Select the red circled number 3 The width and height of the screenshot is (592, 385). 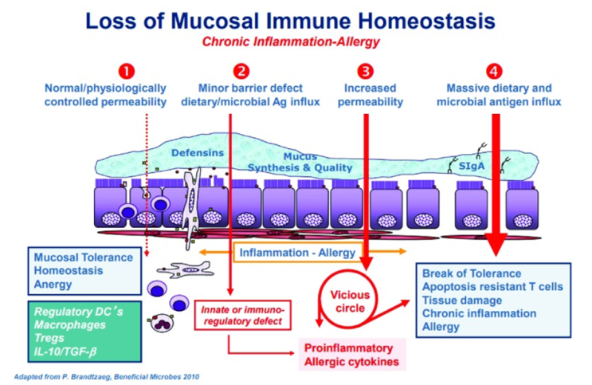click(x=366, y=70)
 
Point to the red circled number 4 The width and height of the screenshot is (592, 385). click(x=496, y=70)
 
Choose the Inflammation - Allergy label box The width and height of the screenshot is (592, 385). click(x=294, y=253)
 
